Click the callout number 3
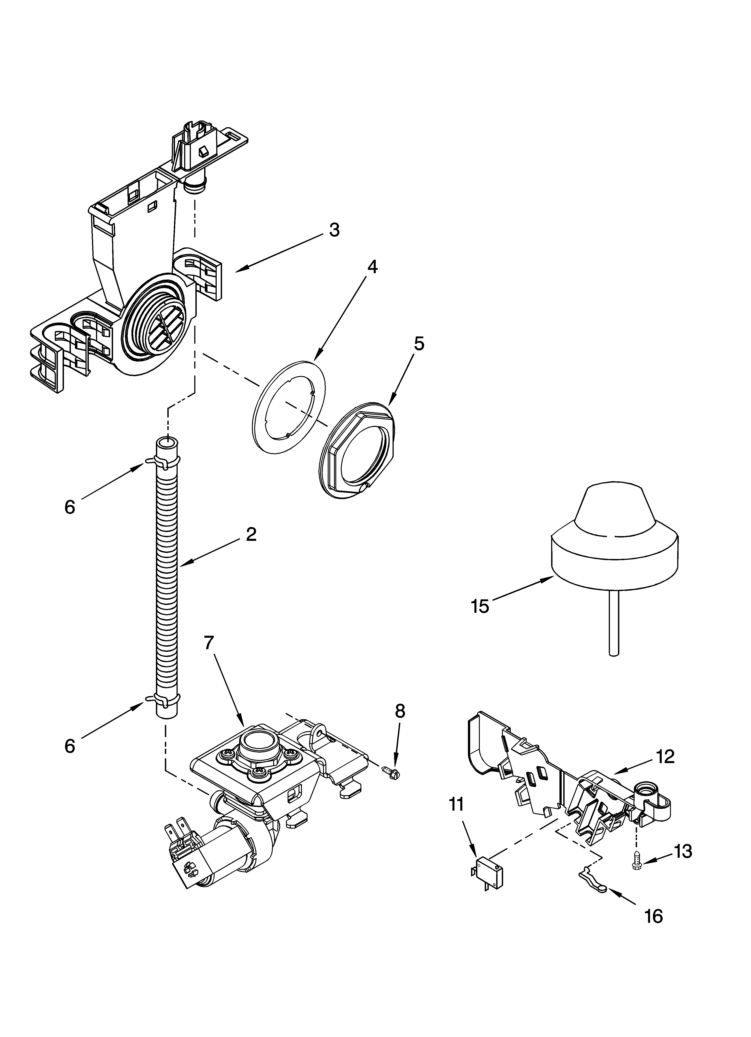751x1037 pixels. click(334, 230)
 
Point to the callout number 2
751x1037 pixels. click(251, 534)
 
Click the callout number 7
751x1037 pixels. click(209, 643)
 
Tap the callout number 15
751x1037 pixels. click(480, 607)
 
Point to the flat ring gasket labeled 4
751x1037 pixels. click(289, 407)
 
